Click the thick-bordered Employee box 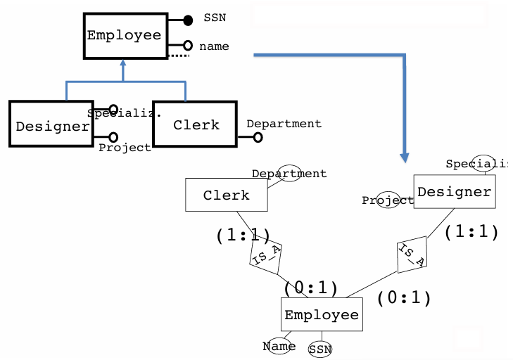coord(123,35)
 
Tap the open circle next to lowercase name coord(188,46)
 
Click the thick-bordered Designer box coord(51,125)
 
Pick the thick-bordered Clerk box coord(196,124)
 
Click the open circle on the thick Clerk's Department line coord(258,137)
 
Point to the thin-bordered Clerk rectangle coord(227,195)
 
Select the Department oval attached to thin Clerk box coord(289,173)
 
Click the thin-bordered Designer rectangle coord(454,192)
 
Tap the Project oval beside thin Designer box coord(387,200)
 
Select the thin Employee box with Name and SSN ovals coord(322,314)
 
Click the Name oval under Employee coord(279,345)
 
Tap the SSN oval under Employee coord(320,349)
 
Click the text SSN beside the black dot coord(215,18)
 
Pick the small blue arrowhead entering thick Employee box coord(123,64)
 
